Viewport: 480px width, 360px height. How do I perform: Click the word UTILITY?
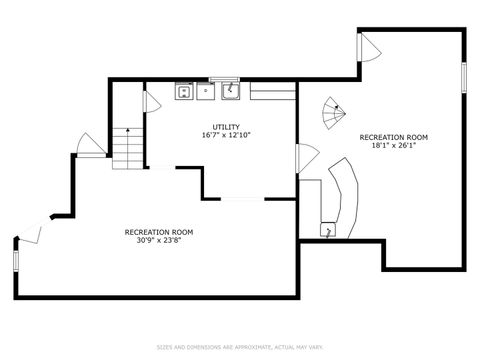[x=225, y=126]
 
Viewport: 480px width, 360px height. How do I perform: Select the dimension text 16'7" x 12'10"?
[x=225, y=134]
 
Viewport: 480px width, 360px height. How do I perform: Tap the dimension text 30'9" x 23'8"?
[x=158, y=239]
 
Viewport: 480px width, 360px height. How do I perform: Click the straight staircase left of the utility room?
[x=127, y=148]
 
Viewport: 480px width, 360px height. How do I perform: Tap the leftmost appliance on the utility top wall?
[x=184, y=92]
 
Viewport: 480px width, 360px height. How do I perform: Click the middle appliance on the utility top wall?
[x=206, y=92]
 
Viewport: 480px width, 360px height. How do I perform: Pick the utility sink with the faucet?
[x=230, y=91]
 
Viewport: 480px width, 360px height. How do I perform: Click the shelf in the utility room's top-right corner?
[x=272, y=92]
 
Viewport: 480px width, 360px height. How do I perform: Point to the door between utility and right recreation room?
[x=307, y=157]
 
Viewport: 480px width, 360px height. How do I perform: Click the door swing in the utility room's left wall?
[x=153, y=102]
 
